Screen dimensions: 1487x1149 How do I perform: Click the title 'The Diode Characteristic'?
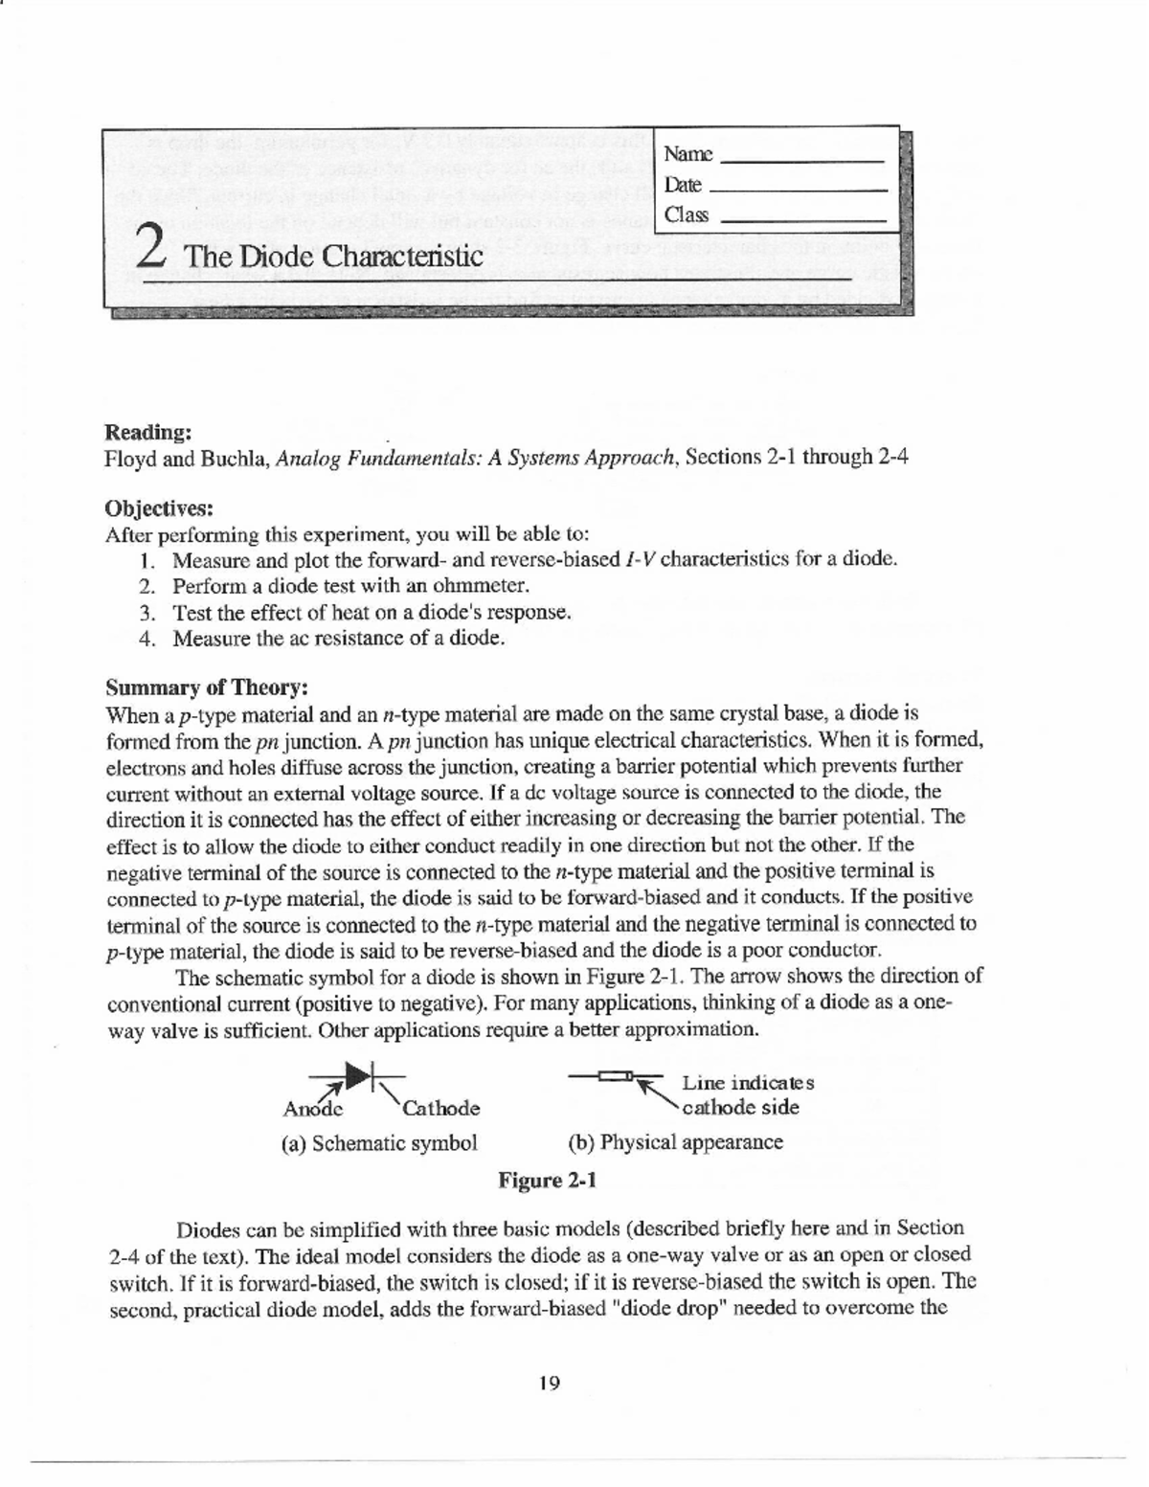333,257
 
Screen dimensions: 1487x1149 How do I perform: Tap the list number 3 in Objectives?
146,613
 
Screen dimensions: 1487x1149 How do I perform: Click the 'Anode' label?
312,1109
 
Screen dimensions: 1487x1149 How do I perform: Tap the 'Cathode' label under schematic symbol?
440,1109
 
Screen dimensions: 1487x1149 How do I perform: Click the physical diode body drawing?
613,1077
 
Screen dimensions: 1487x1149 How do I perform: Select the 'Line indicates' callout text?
747,1083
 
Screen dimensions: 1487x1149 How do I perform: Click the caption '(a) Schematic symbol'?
378,1143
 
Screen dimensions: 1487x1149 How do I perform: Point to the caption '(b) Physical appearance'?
675,1142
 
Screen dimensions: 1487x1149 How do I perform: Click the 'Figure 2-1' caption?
547,1180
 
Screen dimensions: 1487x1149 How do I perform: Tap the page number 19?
550,1383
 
